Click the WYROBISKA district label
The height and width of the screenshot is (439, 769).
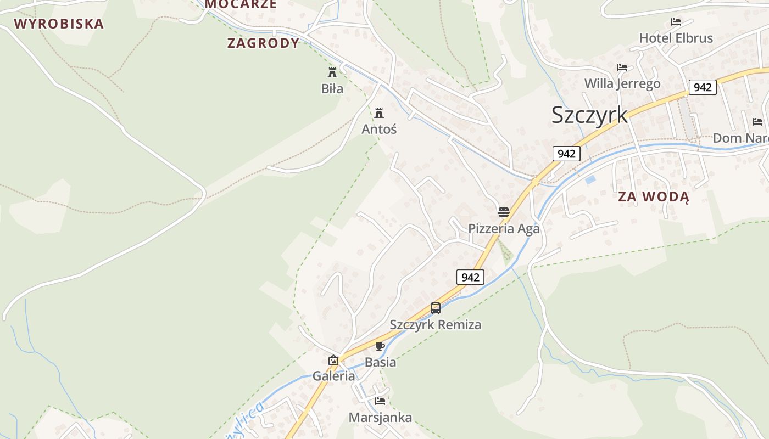pyautogui.click(x=59, y=24)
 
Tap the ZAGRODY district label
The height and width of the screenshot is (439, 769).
pyautogui.click(x=263, y=43)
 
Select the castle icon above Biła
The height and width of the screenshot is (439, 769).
pyautogui.click(x=332, y=72)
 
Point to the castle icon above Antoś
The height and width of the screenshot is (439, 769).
pyautogui.click(x=379, y=113)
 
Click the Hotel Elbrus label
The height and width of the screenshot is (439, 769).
pyautogui.click(x=676, y=38)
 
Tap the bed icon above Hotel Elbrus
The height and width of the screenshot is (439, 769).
pyautogui.click(x=676, y=22)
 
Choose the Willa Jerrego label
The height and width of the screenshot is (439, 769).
pyautogui.click(x=622, y=83)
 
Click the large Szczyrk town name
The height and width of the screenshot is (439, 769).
pyautogui.click(x=589, y=115)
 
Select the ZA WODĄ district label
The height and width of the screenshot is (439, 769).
pyautogui.click(x=653, y=196)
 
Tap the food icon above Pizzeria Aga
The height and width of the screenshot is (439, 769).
pyautogui.click(x=504, y=212)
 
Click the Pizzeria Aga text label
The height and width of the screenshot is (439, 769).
pyautogui.click(x=504, y=228)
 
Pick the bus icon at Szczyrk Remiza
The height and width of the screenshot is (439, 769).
pyautogui.click(x=436, y=308)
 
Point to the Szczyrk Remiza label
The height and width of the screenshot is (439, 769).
pyautogui.click(x=436, y=324)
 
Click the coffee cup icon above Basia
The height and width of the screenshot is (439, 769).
pyautogui.click(x=380, y=346)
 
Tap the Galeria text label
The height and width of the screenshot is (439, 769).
pyautogui.click(x=333, y=376)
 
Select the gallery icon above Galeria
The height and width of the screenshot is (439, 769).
pyautogui.click(x=333, y=360)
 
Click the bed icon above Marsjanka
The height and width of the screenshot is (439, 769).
pyautogui.click(x=380, y=401)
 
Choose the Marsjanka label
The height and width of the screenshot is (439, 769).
pyautogui.click(x=380, y=418)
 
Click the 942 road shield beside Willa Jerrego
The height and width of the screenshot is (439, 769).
pyautogui.click(x=703, y=87)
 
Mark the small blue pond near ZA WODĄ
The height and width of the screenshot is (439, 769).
pyautogui.click(x=590, y=179)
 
